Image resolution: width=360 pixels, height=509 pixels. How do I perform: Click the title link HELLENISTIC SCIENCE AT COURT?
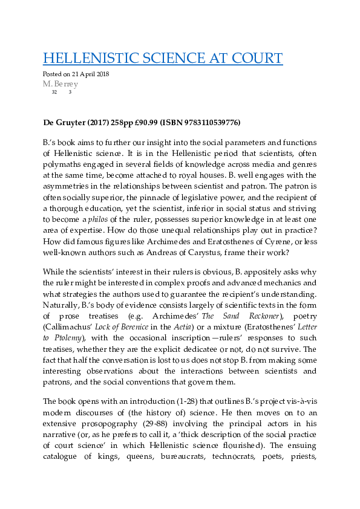click(x=163, y=58)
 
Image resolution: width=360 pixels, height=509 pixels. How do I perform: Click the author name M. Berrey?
click(x=61, y=84)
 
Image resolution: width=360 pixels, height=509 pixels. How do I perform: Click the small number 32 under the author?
click(x=54, y=92)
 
